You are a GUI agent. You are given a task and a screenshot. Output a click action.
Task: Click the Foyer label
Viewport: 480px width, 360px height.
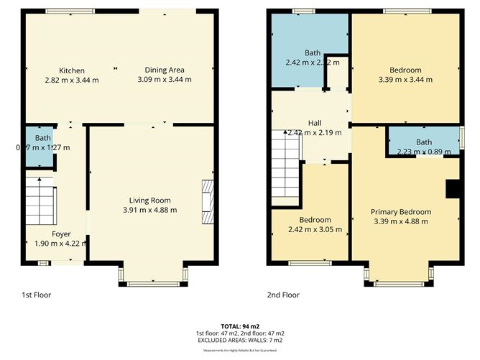click(61, 234)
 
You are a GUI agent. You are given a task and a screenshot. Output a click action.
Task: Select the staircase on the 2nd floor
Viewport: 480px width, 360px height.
click(285, 164)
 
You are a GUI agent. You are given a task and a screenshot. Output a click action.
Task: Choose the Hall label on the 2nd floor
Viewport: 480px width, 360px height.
click(315, 123)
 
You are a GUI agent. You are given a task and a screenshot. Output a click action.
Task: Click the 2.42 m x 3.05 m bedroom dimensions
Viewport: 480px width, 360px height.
click(315, 230)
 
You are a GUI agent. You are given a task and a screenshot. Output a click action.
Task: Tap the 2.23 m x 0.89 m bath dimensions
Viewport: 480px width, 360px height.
click(423, 152)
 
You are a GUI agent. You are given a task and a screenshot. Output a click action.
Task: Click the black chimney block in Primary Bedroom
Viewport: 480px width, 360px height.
click(453, 188)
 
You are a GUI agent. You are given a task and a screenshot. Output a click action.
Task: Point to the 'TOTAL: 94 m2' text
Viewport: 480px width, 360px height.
click(239, 326)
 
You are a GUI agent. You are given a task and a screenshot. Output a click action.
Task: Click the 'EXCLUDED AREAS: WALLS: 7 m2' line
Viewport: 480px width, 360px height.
click(239, 341)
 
